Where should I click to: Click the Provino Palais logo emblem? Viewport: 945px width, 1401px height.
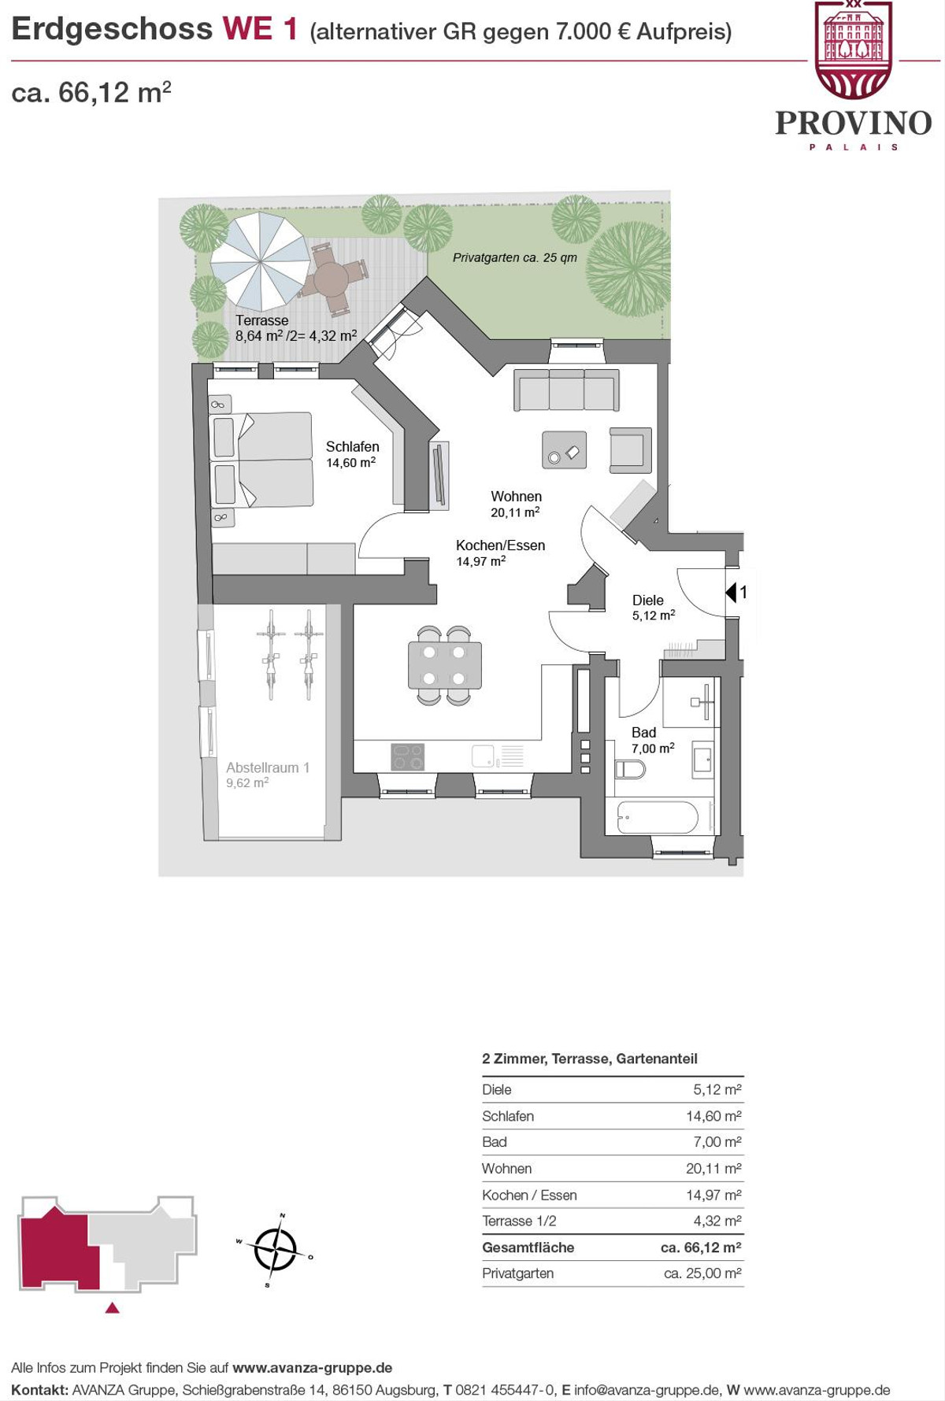pyautogui.click(x=854, y=50)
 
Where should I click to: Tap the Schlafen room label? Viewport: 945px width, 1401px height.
pyautogui.click(x=353, y=446)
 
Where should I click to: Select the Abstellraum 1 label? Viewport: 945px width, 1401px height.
pyautogui.click(x=268, y=767)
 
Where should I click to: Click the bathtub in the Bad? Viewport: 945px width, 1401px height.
pyautogui.click(x=658, y=817)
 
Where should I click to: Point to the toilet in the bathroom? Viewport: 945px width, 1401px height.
pyautogui.click(x=629, y=768)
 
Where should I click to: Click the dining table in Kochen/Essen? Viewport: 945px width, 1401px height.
pyautogui.click(x=444, y=666)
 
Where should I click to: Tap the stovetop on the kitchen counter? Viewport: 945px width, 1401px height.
pyautogui.click(x=408, y=756)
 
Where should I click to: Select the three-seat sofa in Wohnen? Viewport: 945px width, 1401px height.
pyautogui.click(x=566, y=390)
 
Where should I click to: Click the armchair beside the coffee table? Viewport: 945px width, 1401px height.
pyautogui.click(x=630, y=449)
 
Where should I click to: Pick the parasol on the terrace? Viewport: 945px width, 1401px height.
pyautogui.click(x=261, y=261)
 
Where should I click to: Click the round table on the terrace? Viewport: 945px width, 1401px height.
pyautogui.click(x=332, y=278)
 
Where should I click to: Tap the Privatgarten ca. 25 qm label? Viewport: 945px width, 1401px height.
pyautogui.click(x=515, y=257)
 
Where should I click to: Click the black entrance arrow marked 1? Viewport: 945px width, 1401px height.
pyautogui.click(x=730, y=592)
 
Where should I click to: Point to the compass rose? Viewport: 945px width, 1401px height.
pyautogui.click(x=275, y=1249)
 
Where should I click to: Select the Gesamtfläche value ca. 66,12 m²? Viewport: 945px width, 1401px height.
pyautogui.click(x=701, y=1248)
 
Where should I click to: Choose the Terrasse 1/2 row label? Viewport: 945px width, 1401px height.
pyautogui.click(x=519, y=1221)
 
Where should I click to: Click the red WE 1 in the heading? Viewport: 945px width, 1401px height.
pyautogui.click(x=260, y=29)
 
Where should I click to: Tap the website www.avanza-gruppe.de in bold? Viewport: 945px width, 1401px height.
pyautogui.click(x=313, y=1368)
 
